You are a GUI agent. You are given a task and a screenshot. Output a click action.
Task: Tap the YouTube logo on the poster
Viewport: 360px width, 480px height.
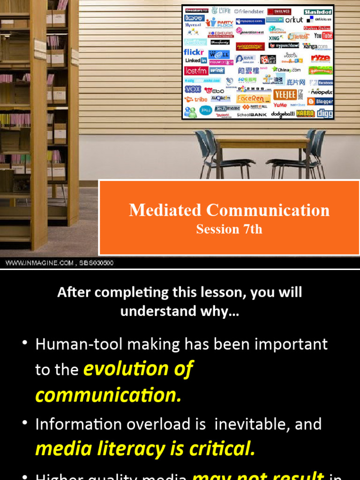(x=323, y=36)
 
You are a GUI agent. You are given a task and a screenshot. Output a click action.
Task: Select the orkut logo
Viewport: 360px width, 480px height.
(x=294, y=20)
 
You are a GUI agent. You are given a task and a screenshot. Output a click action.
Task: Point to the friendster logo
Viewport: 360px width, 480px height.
(x=249, y=11)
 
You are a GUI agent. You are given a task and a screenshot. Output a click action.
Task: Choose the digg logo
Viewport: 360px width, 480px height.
(x=325, y=114)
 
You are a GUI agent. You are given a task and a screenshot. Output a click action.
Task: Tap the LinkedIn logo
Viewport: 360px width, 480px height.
(x=195, y=60)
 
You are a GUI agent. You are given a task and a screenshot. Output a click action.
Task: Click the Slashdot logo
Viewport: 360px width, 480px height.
(x=318, y=12)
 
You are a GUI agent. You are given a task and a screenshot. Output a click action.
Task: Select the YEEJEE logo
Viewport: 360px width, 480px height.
(x=285, y=94)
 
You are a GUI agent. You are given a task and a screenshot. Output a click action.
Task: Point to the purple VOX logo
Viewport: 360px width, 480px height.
(x=193, y=89)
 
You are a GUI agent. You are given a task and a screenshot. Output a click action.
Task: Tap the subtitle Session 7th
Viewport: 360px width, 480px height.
(x=229, y=229)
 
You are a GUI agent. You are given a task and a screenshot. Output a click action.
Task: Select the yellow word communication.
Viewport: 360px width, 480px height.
(x=108, y=395)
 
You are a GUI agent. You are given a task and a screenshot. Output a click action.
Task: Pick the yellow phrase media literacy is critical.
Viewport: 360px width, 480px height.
(x=145, y=449)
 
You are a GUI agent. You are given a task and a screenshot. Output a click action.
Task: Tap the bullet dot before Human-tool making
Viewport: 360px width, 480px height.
(x=25, y=345)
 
